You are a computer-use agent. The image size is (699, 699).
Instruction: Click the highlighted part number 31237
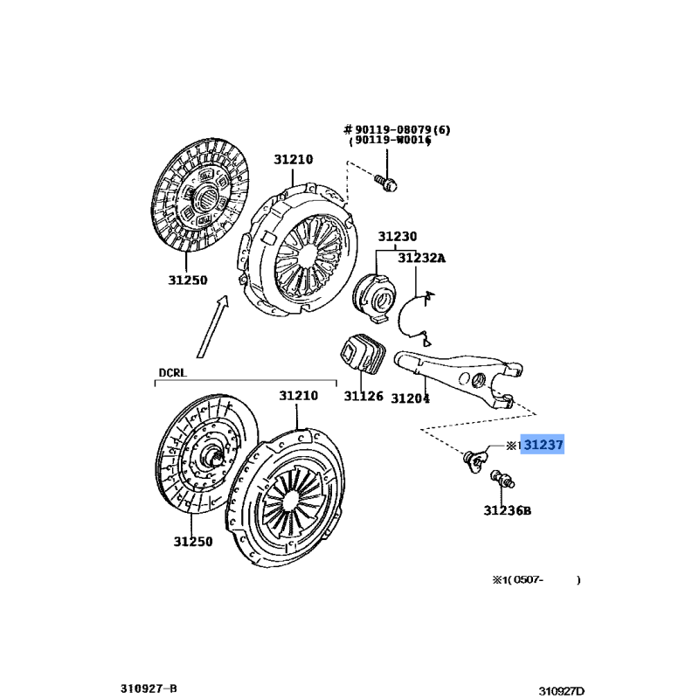543,446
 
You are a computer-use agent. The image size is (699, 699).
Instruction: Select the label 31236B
508,510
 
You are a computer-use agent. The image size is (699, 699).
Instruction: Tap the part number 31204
410,398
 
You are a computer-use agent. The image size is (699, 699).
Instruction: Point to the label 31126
363,397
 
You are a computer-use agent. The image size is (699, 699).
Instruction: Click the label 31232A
421,258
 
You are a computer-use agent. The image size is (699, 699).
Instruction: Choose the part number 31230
397,237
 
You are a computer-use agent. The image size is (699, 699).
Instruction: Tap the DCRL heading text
173,372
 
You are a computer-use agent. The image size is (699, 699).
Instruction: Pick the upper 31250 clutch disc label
188,280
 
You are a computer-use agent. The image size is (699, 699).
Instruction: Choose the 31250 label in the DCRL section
192,542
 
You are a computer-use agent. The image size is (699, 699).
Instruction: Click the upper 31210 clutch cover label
293,159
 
